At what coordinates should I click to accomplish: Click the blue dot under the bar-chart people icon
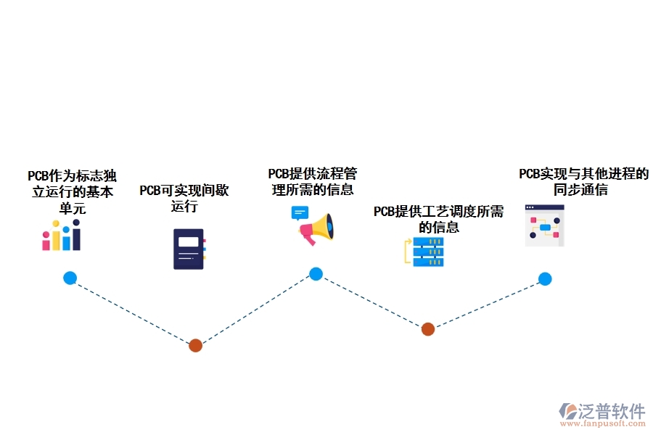(70, 278)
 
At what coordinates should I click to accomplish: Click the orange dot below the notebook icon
(195, 346)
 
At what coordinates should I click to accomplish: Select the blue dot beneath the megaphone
(316, 274)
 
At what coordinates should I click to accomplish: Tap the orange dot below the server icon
(428, 329)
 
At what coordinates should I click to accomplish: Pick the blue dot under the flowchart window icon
(545, 279)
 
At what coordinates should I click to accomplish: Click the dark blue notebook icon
(189, 249)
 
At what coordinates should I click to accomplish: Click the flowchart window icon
(545, 225)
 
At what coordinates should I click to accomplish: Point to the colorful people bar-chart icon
(62, 236)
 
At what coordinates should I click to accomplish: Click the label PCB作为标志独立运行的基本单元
(72, 192)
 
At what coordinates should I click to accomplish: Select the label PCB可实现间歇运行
(184, 198)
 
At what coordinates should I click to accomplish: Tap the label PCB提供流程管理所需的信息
(313, 182)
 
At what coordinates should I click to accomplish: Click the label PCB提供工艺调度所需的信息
(438, 219)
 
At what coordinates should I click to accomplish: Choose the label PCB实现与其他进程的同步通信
(583, 182)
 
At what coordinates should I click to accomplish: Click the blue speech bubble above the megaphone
(300, 213)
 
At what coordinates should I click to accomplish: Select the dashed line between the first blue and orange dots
(132, 312)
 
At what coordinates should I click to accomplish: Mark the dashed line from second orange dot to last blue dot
(486, 304)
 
